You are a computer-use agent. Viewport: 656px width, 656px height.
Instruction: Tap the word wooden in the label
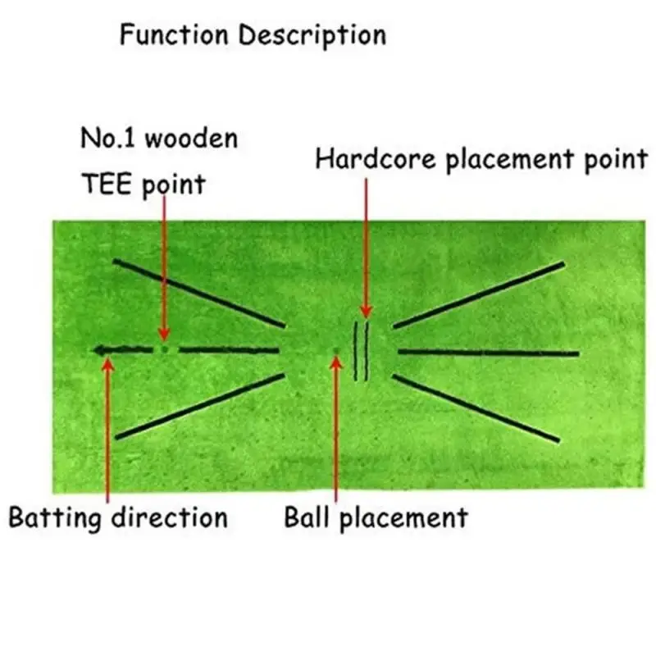[x=190, y=138]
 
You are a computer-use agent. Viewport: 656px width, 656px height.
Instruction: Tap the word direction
[x=172, y=517]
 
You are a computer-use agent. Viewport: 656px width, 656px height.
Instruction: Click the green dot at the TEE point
[x=165, y=349]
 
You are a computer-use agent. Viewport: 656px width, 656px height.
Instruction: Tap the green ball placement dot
[x=335, y=351]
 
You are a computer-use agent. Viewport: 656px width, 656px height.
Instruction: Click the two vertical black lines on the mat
[x=361, y=351]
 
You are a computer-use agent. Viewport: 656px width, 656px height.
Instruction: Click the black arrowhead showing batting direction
[x=100, y=350]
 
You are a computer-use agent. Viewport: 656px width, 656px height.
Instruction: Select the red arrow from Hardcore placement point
[x=366, y=246]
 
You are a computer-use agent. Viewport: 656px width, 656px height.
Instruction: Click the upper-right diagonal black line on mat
[x=480, y=295]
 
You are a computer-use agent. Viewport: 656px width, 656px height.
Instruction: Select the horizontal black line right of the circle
[x=488, y=353]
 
